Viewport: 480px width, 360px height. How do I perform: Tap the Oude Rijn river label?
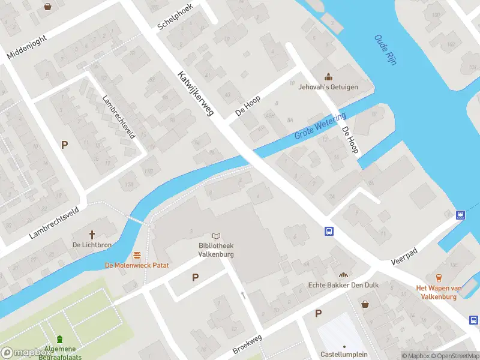[x=385, y=50]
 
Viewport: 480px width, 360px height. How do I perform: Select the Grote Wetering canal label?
[x=320, y=125]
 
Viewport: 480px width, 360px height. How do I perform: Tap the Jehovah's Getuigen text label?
[x=328, y=87]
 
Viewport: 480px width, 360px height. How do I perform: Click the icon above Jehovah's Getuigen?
[x=328, y=76]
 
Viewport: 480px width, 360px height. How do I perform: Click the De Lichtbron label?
[x=92, y=245]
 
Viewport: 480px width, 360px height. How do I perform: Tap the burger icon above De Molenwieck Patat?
[x=137, y=254]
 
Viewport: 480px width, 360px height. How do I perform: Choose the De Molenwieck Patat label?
[x=137, y=265]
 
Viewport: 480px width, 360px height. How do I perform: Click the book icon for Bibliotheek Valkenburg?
[x=216, y=237]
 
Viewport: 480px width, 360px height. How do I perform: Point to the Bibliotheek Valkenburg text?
[x=216, y=250]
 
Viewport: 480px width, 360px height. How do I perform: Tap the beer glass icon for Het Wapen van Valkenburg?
[x=439, y=277]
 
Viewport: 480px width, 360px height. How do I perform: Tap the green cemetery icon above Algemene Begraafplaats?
[x=59, y=340]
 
